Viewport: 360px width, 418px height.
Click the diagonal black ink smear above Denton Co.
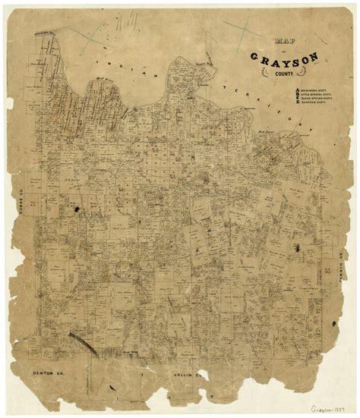point(84,343)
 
